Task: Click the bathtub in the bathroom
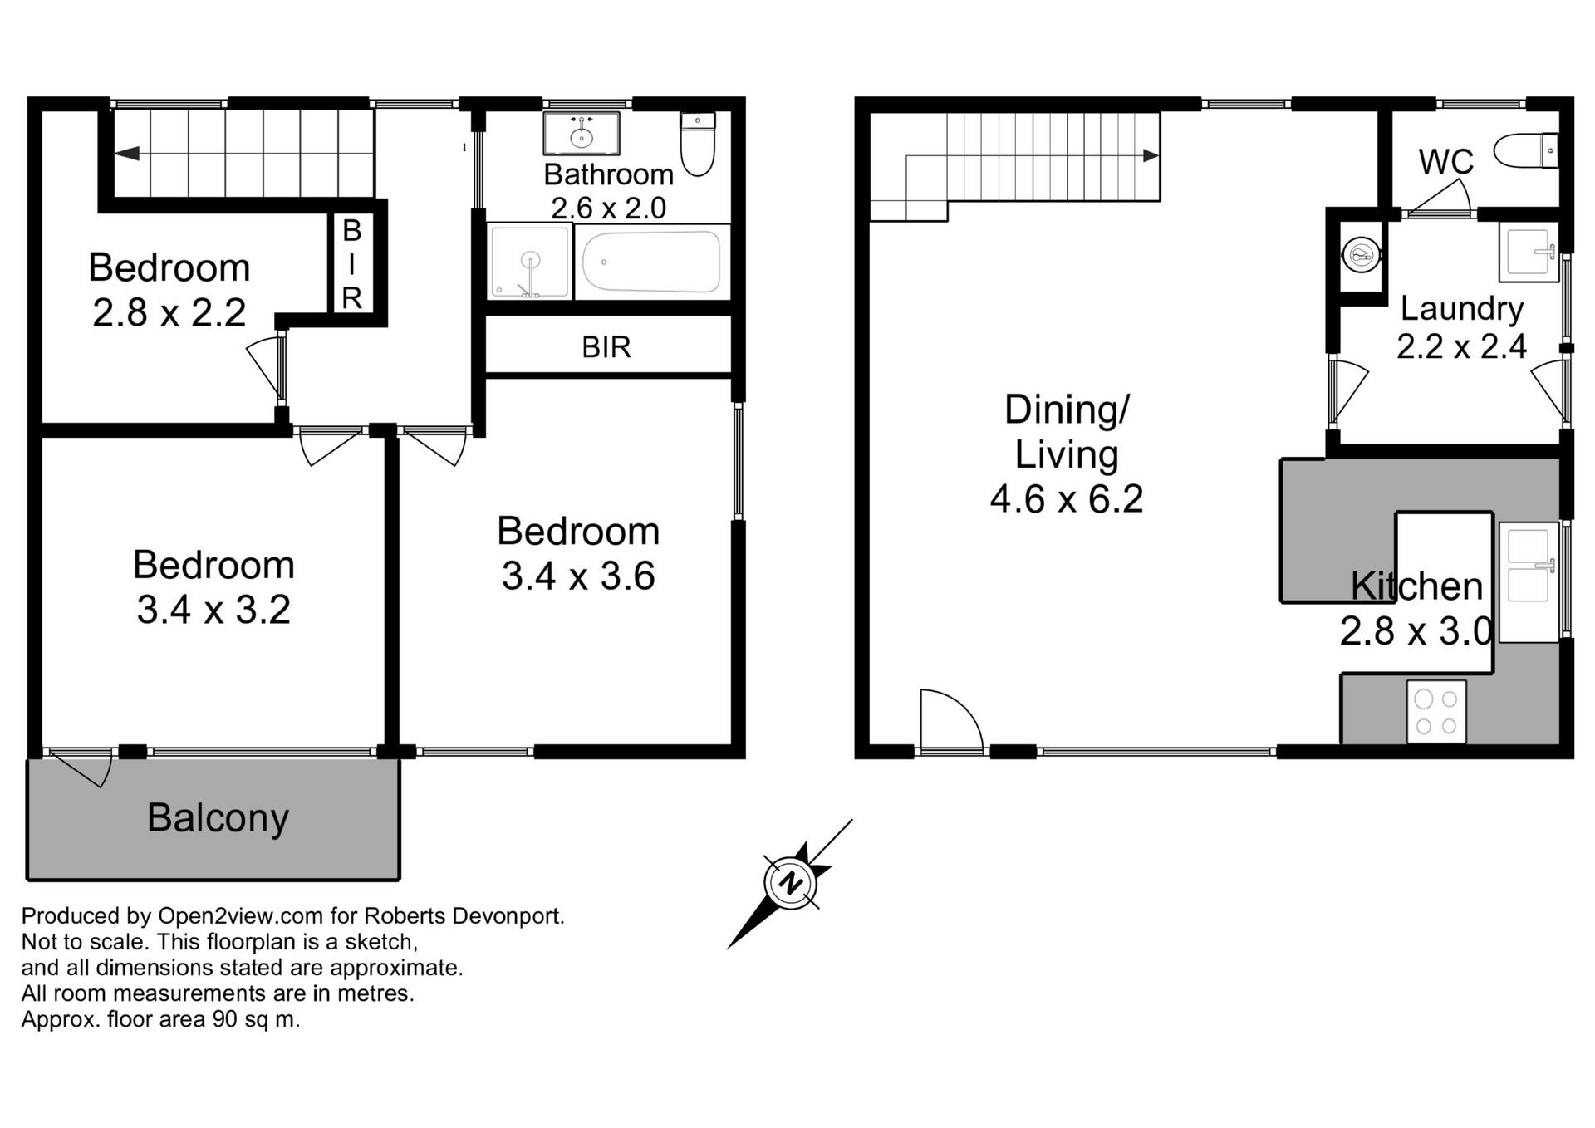coord(650,262)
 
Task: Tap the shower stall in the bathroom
coord(529,262)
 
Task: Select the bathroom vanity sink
coord(582,134)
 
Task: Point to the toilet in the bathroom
coord(698,144)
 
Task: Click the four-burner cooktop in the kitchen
coord(1436,711)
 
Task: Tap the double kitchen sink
coord(1529,581)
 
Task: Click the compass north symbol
coord(790,883)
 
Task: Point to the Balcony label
coord(218,818)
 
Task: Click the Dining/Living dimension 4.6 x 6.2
coord(1067,499)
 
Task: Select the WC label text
coord(1446,162)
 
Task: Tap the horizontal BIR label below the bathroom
coord(606,346)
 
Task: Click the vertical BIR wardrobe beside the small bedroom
coord(351,263)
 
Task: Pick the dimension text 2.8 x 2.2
coord(169,313)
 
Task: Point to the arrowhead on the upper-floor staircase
coord(1151,155)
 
